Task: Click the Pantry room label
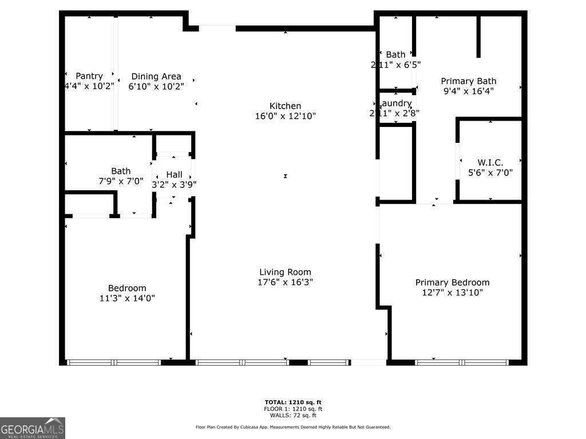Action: click(89, 76)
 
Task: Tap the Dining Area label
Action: click(156, 76)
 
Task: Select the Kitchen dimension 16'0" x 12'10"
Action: click(285, 115)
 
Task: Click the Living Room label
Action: click(285, 272)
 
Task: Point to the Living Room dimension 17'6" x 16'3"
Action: click(285, 282)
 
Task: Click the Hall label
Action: click(174, 174)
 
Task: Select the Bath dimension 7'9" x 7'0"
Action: click(121, 181)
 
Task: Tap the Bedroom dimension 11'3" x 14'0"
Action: click(127, 298)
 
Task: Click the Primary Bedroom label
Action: click(452, 282)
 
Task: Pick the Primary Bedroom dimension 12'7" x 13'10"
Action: click(452, 293)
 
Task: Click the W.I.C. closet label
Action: click(490, 162)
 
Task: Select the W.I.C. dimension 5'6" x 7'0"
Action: click(490, 172)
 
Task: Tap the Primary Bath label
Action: click(468, 81)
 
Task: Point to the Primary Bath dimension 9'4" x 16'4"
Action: click(468, 91)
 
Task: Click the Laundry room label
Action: click(395, 103)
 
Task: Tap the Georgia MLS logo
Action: click(33, 428)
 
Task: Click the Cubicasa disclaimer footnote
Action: click(293, 427)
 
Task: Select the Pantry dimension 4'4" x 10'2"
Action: click(89, 86)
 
